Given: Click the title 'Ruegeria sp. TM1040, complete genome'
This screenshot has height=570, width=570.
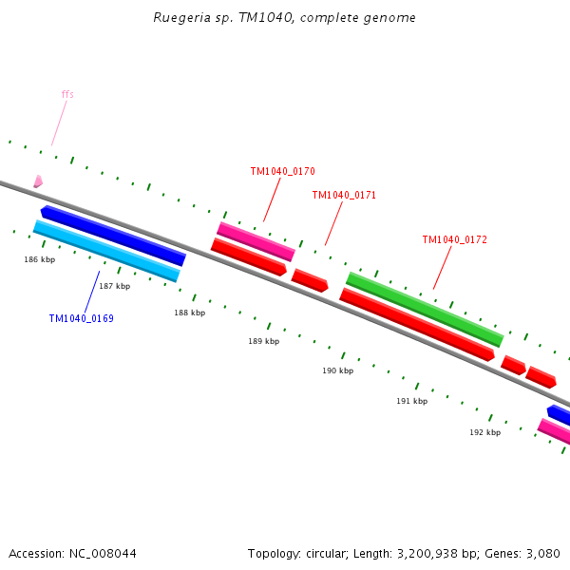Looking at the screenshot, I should coord(284,18).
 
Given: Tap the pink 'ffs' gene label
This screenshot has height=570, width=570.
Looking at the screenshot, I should coord(67,94).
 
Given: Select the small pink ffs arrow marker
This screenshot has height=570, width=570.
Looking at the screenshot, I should coord(38,180).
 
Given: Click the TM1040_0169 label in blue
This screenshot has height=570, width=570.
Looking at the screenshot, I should coord(81,318).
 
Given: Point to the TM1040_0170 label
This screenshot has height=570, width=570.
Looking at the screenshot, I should coord(282,171).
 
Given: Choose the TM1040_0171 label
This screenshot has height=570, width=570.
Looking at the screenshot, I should coord(344,195).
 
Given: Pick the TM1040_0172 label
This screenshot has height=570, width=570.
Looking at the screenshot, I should coord(454,239).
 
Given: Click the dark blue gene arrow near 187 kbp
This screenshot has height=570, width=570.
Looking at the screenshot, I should coord(112,236).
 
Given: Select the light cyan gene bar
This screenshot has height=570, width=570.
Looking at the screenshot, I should coord(106,251).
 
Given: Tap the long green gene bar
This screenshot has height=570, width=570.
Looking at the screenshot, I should coord(425,309).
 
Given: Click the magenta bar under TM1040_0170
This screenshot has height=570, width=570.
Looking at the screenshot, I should coord(256,241).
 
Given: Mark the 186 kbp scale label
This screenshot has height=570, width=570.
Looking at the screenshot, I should coord(39,259).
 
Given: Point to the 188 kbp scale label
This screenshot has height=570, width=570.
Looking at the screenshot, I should coord(189,313).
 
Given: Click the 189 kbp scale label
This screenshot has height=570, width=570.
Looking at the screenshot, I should coord(263,341).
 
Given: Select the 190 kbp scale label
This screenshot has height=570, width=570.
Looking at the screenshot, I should coord(337,370).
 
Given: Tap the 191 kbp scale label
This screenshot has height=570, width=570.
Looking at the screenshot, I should coord(411,401).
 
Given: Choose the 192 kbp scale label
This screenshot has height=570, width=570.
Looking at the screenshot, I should coord(484,432).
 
